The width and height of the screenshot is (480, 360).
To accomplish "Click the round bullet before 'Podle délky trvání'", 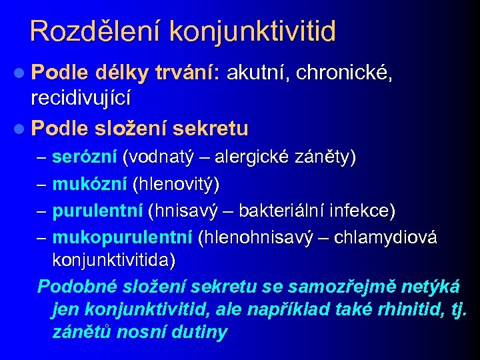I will pyautogui.click(x=21, y=73).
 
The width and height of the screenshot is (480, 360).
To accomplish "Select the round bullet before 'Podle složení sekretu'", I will pyautogui.click(x=21, y=127).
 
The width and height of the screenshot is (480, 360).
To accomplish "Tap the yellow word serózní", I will pyautogui.click(x=85, y=157).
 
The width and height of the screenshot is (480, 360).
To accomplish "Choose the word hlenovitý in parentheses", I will pyautogui.click(x=177, y=183).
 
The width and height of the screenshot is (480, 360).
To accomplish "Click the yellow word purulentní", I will pyautogui.click(x=97, y=211).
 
